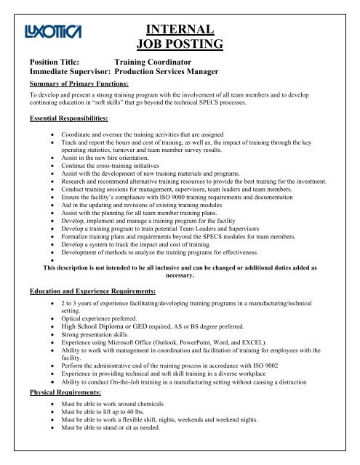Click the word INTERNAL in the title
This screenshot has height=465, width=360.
point(179,30)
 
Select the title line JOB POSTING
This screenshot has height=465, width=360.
point(179,47)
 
